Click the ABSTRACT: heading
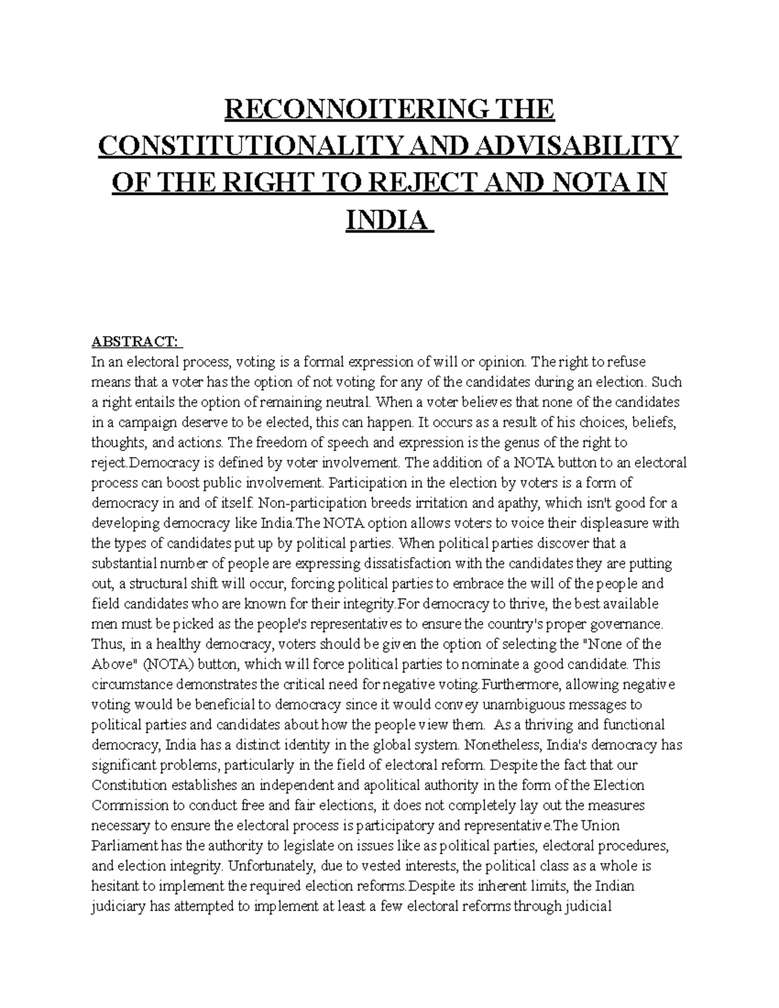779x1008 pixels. pyautogui.click(x=137, y=341)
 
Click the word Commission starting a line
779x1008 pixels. pyautogui.click(x=129, y=805)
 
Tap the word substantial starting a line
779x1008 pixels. pyautogui.click(x=123, y=563)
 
